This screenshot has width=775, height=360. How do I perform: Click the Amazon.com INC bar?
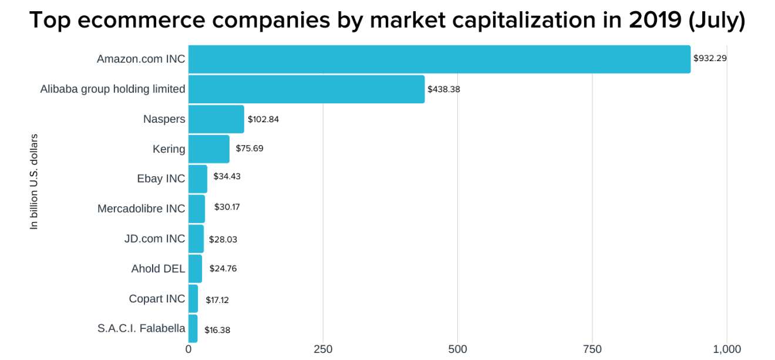click(439, 59)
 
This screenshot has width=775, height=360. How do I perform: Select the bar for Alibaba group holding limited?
click(306, 89)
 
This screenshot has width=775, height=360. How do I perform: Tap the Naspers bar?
click(216, 119)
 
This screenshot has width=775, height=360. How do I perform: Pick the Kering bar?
click(208, 149)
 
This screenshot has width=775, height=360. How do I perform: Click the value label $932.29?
click(710, 59)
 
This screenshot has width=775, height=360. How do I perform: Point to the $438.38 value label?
click(444, 89)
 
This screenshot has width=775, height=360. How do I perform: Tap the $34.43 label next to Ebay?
click(227, 177)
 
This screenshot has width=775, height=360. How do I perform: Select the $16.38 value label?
click(217, 330)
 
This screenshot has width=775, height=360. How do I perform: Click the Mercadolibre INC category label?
click(141, 208)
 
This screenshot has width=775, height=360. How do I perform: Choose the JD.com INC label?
click(154, 238)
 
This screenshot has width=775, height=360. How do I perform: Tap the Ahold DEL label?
click(158, 268)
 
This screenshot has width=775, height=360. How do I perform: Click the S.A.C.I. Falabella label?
click(141, 328)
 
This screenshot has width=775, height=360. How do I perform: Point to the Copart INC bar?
click(193, 298)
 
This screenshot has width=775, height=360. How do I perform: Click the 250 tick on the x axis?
click(322, 349)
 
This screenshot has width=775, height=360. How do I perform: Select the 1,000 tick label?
click(726, 349)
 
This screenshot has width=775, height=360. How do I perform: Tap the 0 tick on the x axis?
click(188, 349)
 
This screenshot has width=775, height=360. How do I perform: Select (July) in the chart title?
click(716, 21)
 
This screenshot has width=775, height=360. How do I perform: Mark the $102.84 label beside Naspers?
click(263, 119)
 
